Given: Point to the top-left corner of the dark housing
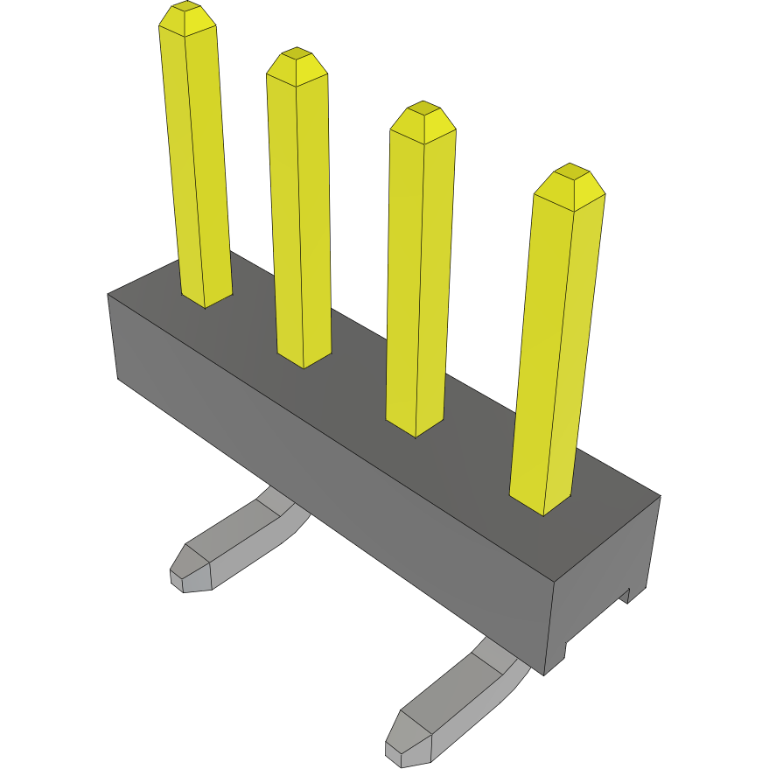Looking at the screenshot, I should point(108,295).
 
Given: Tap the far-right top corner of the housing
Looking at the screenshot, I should point(660,496).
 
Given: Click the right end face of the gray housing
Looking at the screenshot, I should point(604,577).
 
